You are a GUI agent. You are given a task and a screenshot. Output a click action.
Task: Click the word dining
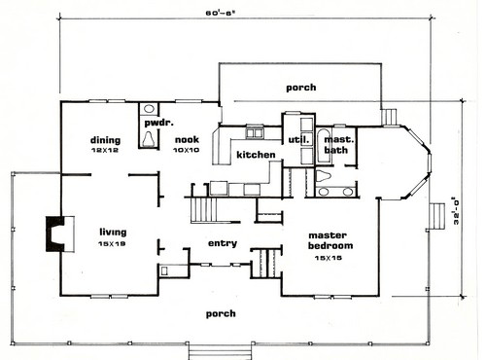coord(105,140)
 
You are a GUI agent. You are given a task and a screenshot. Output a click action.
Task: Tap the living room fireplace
coord(55,234)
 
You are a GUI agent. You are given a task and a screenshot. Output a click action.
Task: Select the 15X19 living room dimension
coord(112,244)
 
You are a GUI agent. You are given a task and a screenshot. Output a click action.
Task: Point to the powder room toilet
coord(149,139)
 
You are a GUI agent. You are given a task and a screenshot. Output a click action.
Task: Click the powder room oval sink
coord(149,109)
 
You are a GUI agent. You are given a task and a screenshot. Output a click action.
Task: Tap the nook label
coord(187,140)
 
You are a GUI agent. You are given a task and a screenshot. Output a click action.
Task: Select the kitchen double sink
coord(254,133)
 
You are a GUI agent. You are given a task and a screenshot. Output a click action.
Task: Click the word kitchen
coord(256,155)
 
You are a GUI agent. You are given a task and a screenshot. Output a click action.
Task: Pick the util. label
coord(298,140)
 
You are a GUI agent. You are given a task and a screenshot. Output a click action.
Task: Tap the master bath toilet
coord(323,176)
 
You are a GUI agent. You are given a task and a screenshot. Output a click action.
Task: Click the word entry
coord(223,243)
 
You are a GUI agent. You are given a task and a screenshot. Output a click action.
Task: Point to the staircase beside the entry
coord(204,209)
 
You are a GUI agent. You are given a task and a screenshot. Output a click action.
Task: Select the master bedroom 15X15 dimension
coord(329,258)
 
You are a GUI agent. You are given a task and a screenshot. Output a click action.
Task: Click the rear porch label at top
coord(301,88)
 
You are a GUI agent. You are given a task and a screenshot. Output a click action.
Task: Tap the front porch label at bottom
coord(221,314)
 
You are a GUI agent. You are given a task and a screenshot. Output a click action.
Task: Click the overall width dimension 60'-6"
coord(220,14)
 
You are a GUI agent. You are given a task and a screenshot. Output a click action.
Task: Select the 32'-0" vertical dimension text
coord(456,211)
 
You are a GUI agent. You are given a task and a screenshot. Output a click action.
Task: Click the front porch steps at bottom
coord(221,352)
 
